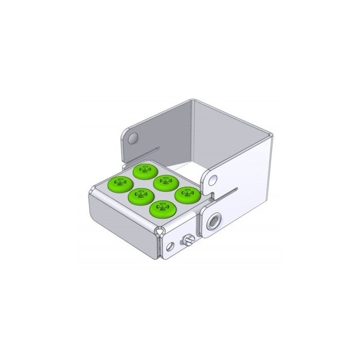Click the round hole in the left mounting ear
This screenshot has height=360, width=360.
pos(134,138)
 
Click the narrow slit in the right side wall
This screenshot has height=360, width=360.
pos(229,192)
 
